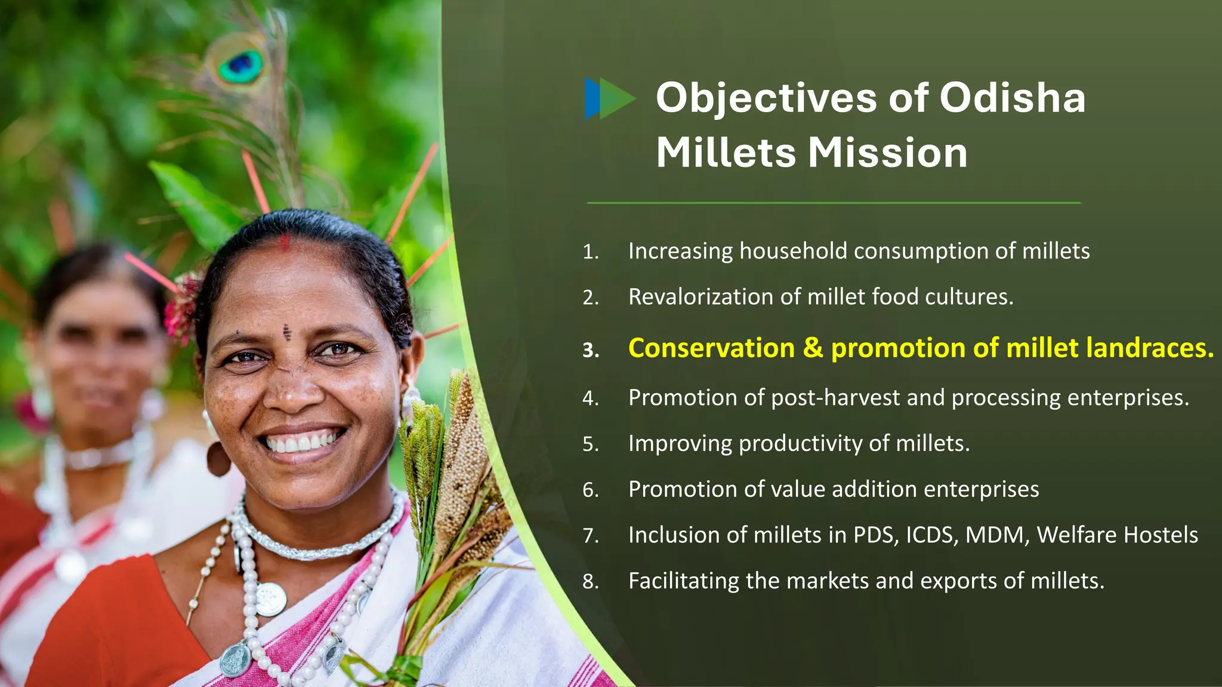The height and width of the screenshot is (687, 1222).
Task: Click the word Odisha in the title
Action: pos(1013,97)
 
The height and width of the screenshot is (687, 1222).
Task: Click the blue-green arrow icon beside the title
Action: pos(610,98)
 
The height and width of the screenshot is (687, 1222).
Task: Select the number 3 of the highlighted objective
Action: pos(590,350)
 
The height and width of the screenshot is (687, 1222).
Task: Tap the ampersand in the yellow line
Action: pos(813,348)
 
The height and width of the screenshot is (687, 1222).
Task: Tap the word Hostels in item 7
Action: pos(1160,535)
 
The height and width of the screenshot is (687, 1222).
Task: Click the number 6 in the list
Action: pos(590,490)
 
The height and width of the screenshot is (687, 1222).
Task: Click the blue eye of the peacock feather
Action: pos(241,65)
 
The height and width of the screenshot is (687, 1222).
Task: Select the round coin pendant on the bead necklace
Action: pos(271,599)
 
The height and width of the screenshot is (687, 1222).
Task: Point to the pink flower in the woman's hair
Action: pos(180,307)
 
